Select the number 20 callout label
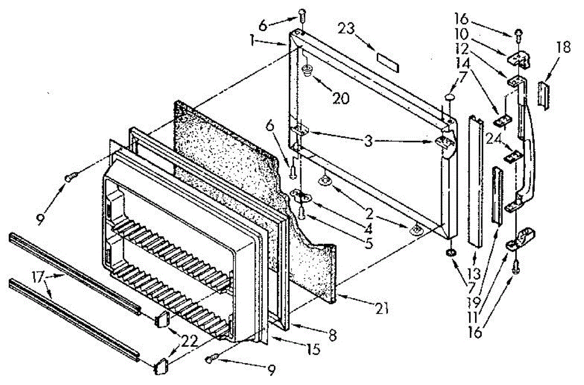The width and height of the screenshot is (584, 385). [x=341, y=98]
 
